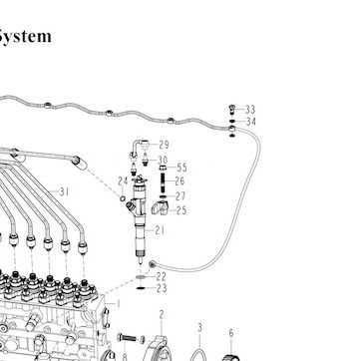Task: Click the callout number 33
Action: coord(250,110)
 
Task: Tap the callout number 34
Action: coord(251,122)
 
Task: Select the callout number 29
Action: coord(164,145)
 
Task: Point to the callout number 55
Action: coord(182,168)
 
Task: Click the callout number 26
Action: coord(180,181)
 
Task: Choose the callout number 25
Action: coord(181,210)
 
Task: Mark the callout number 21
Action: coord(160,230)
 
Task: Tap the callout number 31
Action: coord(64,191)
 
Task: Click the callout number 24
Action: coord(123,181)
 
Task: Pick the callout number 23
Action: coord(162,288)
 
